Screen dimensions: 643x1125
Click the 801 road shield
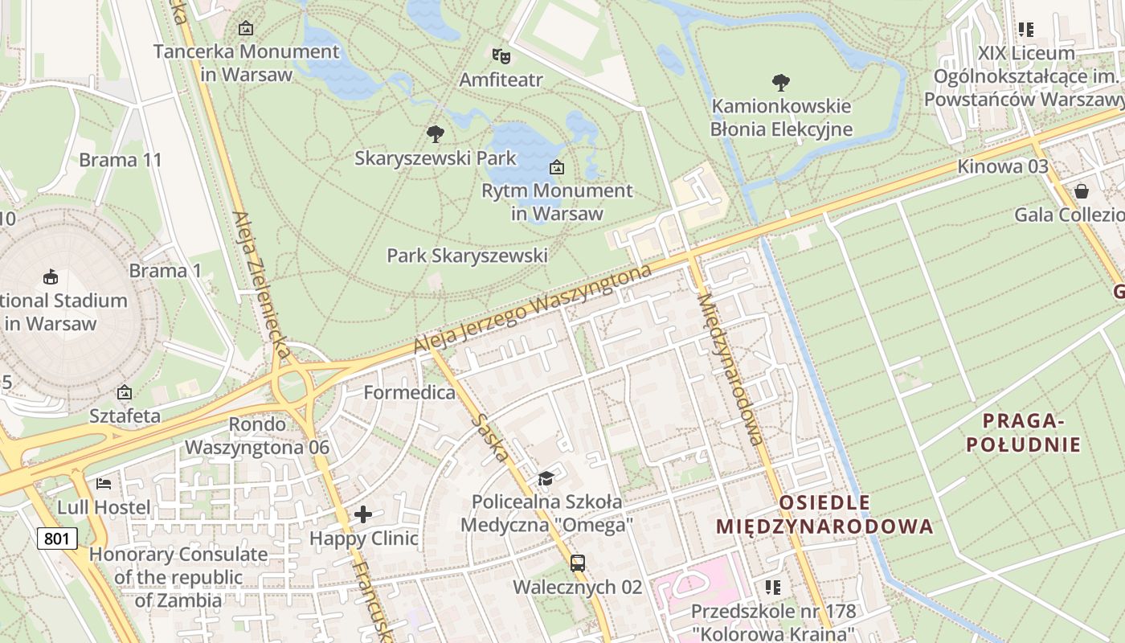57,538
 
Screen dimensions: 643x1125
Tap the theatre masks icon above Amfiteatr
501,55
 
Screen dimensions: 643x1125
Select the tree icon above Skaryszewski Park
436,133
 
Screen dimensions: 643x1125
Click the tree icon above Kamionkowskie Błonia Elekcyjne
780,81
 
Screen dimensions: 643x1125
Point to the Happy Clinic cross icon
363,514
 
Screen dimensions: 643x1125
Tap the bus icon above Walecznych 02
577,563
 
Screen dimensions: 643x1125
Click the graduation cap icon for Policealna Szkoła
546,478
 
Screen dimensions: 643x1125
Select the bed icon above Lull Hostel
104,483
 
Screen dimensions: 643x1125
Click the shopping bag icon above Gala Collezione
1082,190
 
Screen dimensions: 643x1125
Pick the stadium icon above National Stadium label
51,276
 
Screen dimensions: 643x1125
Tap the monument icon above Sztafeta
125,392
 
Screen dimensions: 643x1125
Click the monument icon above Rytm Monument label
556,167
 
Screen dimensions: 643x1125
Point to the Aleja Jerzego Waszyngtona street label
532,309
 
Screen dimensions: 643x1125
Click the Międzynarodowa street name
730,369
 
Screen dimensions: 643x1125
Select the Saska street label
490,437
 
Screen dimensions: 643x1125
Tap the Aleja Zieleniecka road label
260,285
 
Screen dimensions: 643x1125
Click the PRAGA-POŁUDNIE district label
1023,432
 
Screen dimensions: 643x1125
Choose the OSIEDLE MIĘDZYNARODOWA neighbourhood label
824,514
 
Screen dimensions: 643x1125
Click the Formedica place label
409,392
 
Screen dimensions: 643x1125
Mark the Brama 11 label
121,159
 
